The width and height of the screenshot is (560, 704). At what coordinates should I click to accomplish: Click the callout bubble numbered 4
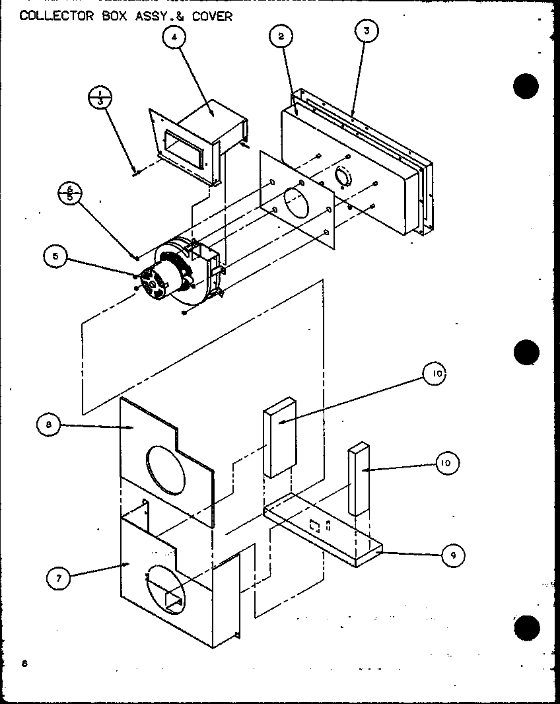point(174,38)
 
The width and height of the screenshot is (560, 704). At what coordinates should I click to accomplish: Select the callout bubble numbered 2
point(281,37)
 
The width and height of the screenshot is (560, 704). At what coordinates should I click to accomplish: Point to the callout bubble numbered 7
point(59,579)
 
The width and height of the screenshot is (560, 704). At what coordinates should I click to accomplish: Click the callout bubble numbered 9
point(452,555)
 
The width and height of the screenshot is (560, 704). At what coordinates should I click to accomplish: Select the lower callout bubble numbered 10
point(445,464)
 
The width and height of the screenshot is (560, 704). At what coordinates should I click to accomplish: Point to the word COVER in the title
point(212,16)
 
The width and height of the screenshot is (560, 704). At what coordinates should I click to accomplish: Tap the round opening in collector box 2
point(345,177)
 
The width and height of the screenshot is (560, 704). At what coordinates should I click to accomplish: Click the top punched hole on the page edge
point(526,87)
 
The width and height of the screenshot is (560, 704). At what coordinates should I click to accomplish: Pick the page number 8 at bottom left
point(24,663)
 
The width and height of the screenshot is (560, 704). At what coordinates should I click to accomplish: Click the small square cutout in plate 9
point(315,526)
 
